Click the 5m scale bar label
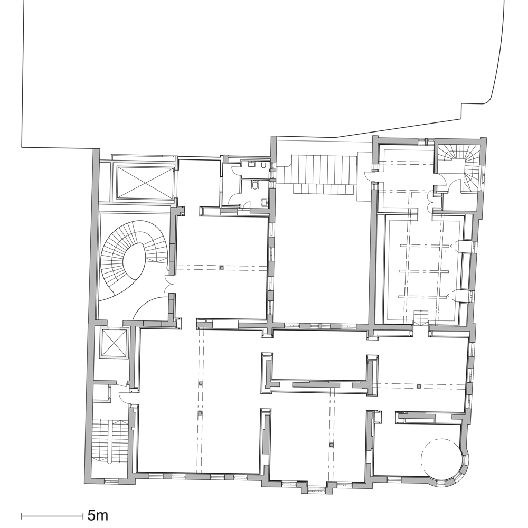(98, 515)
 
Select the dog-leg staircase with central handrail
(110, 441)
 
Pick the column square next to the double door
(222, 268)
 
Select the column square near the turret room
(419, 386)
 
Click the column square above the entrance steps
(332, 445)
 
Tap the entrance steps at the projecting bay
(317, 488)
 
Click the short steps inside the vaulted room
(421, 317)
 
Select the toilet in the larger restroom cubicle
(256, 185)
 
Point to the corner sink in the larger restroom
(266, 201)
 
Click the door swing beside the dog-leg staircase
(125, 397)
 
